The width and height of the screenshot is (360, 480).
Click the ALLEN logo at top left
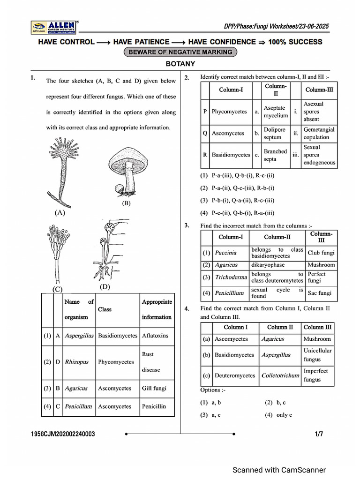click(x=55, y=27)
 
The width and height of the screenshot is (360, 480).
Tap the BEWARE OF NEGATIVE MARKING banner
click(x=180, y=52)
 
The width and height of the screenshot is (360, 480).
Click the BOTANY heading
click(x=180, y=64)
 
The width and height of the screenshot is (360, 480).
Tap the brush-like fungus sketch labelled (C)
click(x=57, y=253)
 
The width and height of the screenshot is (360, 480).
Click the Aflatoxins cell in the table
click(x=155, y=336)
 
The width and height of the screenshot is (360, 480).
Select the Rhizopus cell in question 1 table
click(x=75, y=362)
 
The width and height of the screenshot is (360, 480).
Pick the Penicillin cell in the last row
click(x=154, y=406)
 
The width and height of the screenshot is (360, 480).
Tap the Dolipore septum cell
click(x=274, y=133)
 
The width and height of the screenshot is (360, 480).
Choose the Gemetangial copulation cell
click(x=319, y=133)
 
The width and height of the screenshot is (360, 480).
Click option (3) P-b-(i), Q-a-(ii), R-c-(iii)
click(x=237, y=201)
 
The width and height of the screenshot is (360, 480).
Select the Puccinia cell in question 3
click(x=225, y=253)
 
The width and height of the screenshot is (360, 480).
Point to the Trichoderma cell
click(x=231, y=277)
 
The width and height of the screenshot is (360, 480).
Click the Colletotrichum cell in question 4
click(x=280, y=375)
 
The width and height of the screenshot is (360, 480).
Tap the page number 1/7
click(x=319, y=435)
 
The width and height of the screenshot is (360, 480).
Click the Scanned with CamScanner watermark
click(x=279, y=470)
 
